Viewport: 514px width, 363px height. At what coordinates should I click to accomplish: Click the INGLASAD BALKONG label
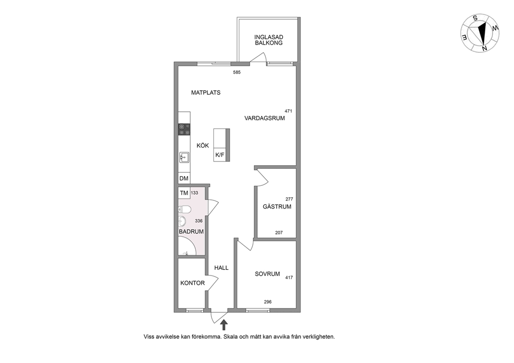click(268, 40)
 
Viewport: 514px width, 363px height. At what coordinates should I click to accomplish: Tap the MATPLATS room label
click(206, 93)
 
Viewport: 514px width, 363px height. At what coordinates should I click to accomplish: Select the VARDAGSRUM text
click(265, 118)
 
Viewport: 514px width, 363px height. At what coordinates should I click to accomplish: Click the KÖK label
click(203, 146)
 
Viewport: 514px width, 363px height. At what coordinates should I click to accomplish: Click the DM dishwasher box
click(184, 178)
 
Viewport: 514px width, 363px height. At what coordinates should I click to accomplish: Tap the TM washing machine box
click(184, 193)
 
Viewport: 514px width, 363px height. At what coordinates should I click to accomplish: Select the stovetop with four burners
click(184, 129)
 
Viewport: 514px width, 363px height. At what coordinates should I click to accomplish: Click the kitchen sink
click(184, 157)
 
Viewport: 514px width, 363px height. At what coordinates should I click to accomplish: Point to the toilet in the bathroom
click(184, 209)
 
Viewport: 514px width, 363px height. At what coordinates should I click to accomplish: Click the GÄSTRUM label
click(277, 207)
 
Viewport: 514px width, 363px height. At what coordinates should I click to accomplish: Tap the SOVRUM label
click(267, 274)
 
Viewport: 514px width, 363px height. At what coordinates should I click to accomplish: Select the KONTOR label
click(192, 283)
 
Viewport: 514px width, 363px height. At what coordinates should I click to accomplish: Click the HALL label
click(221, 268)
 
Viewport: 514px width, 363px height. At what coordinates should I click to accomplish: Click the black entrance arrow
click(224, 325)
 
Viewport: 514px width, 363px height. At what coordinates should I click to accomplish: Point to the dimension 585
click(237, 72)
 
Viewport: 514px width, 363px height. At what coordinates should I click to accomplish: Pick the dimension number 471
click(288, 111)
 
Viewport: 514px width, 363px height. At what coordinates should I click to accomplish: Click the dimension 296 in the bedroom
click(268, 302)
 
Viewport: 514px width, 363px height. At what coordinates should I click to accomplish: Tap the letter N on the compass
click(484, 49)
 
